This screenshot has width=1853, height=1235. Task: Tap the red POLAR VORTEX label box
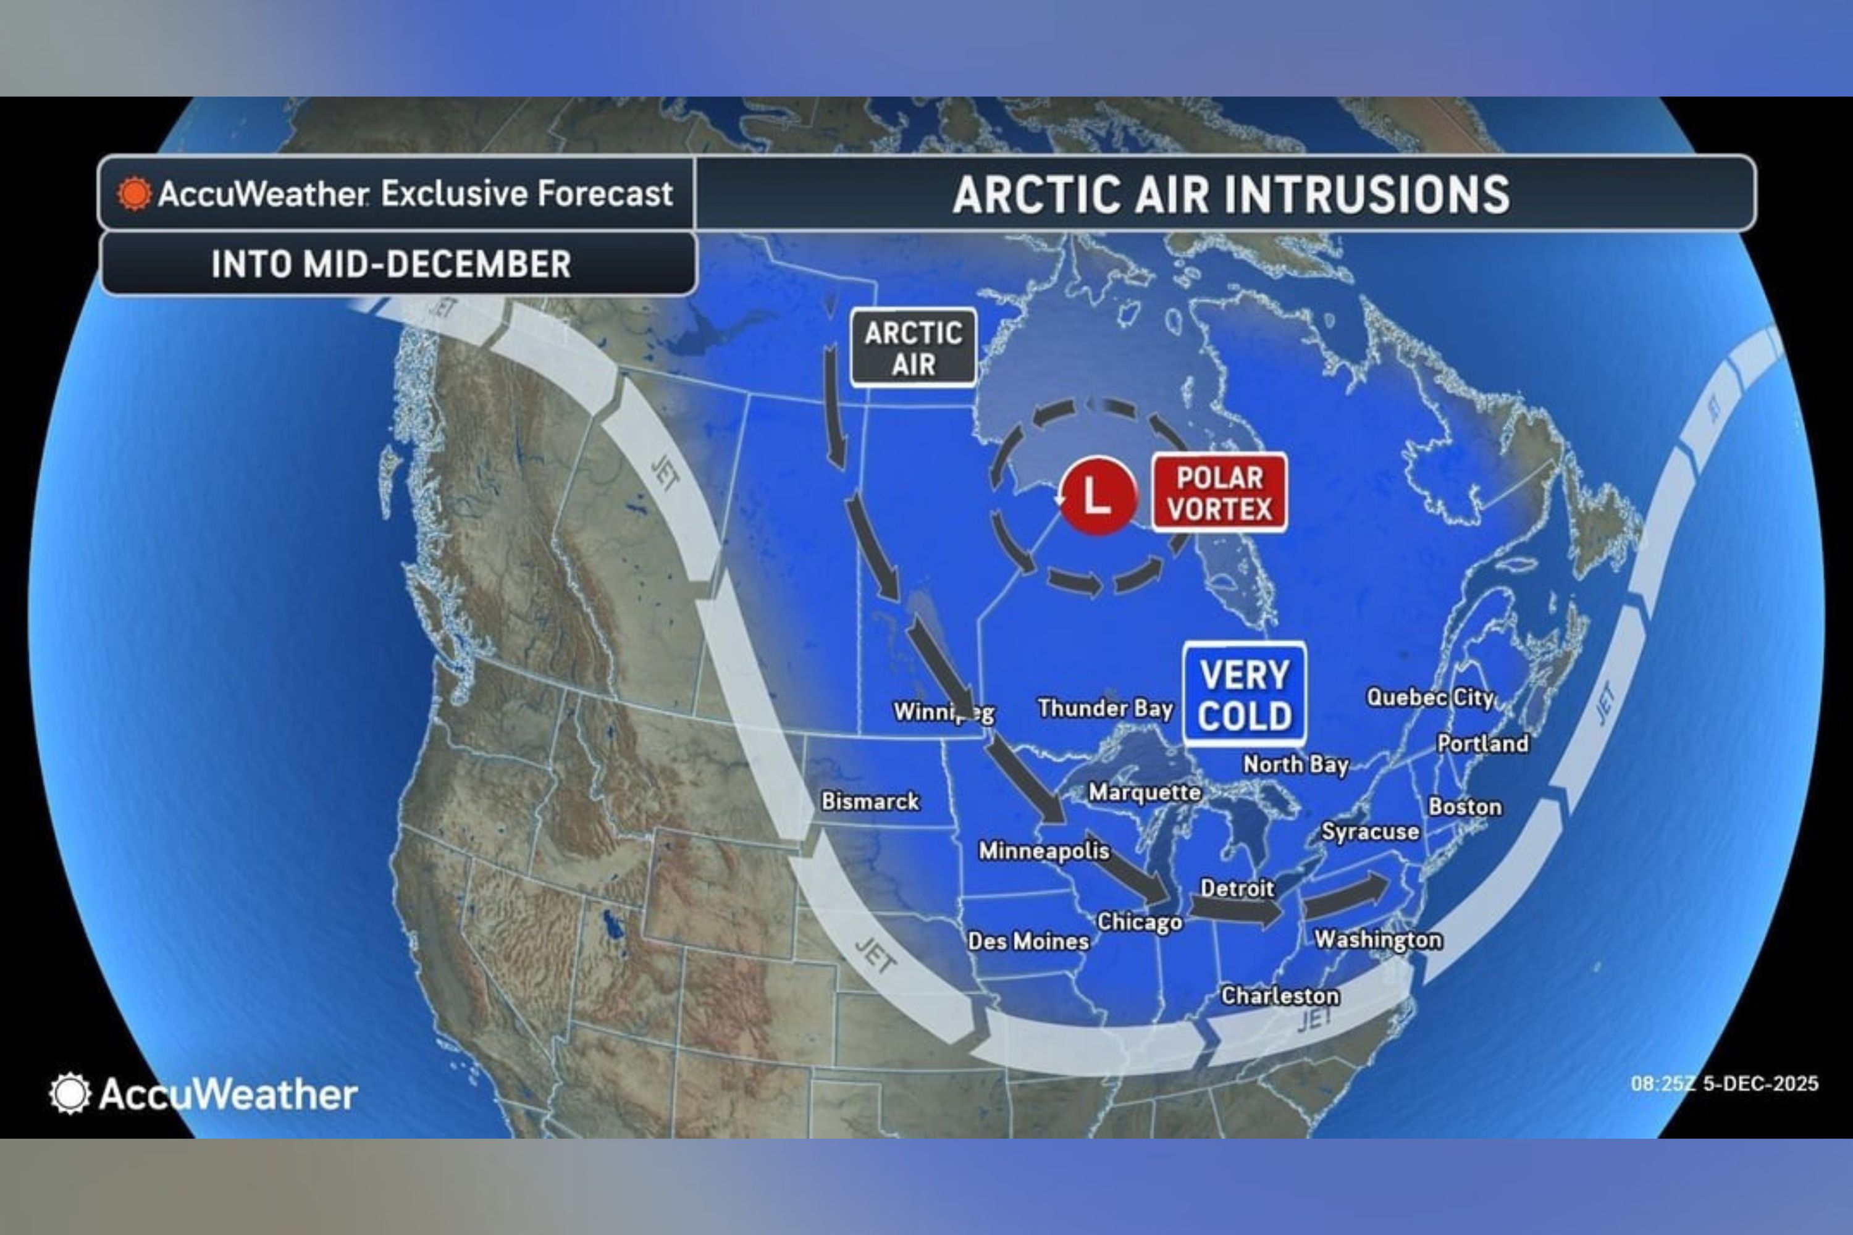1219,493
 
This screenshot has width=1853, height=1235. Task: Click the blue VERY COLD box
1245,695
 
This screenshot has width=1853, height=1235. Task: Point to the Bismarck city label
870,801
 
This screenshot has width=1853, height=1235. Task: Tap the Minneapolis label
1044,851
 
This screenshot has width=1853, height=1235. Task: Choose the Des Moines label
1028,941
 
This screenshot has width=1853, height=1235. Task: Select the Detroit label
1237,889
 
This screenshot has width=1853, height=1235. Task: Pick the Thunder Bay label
1106,708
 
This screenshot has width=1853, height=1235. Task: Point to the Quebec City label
1430,697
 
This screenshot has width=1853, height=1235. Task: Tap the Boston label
1465,806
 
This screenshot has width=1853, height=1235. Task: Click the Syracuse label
1370,832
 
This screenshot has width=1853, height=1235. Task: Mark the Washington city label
1378,940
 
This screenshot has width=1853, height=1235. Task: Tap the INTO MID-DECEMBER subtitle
392,264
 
